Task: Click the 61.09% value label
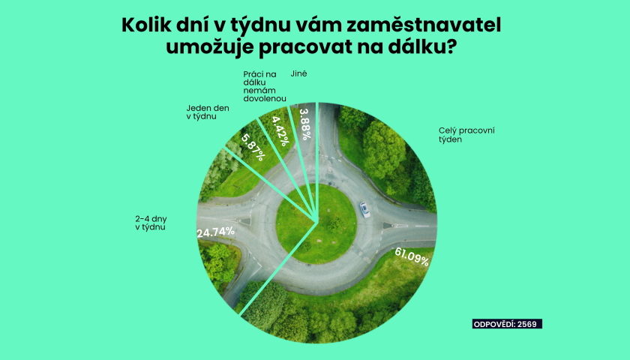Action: tap(412, 256)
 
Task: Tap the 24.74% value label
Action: tap(215, 232)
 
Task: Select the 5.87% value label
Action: tap(253, 147)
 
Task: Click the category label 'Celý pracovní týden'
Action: tap(466, 135)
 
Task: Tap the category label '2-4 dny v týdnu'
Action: tap(151, 223)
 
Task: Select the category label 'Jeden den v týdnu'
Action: tap(207, 112)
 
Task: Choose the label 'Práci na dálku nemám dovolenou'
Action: tap(264, 86)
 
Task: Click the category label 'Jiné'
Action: tap(298, 73)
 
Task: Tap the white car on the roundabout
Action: tap(364, 210)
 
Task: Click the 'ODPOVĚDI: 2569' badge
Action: tap(507, 324)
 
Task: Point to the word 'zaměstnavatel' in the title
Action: tap(424, 25)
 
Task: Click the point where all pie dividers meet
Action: tap(318, 221)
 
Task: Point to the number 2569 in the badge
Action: tap(526, 324)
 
